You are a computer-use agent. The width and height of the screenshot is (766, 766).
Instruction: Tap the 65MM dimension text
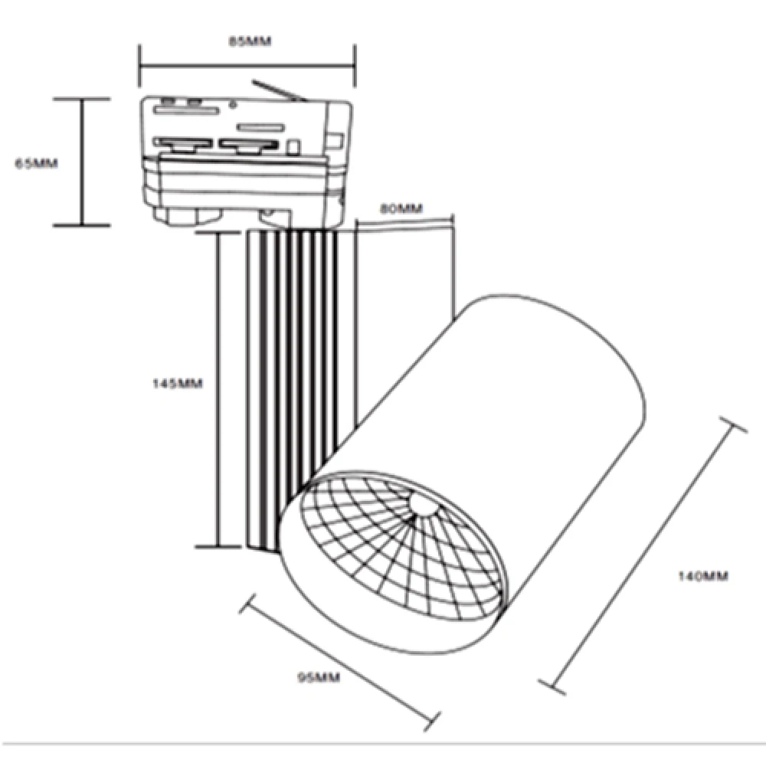pos(37,163)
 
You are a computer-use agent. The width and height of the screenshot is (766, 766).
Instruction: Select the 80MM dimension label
pos(401,208)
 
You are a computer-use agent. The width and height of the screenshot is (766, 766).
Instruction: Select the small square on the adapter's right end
pos(335,140)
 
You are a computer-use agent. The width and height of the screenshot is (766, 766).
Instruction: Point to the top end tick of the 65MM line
pos(81,99)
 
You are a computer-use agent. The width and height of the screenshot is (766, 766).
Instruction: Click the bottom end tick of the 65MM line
pos(81,224)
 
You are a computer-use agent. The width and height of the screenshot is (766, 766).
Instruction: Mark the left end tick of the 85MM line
pos(139,66)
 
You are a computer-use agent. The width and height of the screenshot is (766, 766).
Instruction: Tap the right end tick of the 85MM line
pos(355,66)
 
